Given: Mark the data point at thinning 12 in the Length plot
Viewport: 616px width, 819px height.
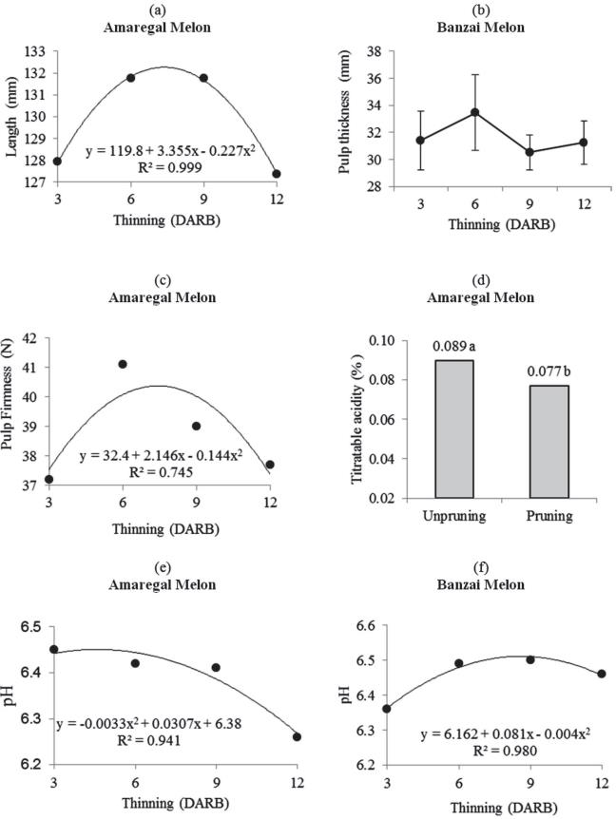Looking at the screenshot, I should [277, 174].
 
